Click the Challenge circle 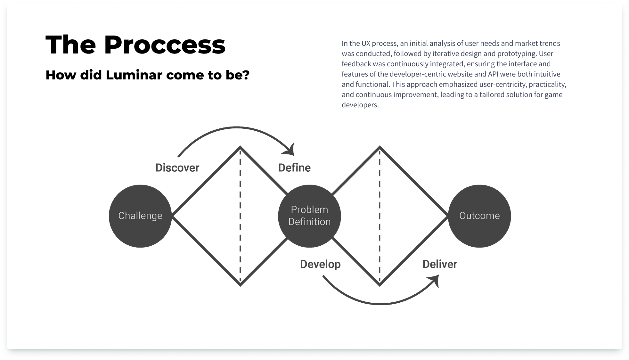[x=140, y=216]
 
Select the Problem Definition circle [x=309, y=216]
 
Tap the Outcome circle [x=479, y=216]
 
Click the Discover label [x=177, y=168]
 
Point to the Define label [x=294, y=168]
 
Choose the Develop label [x=320, y=264]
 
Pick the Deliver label [x=440, y=264]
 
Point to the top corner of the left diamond [x=240, y=148]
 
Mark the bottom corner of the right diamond [x=380, y=284]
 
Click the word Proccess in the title [x=165, y=45]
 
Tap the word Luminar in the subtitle [x=134, y=75]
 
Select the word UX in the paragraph [x=366, y=43]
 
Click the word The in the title [x=71, y=45]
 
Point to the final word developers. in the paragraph [x=360, y=105]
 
